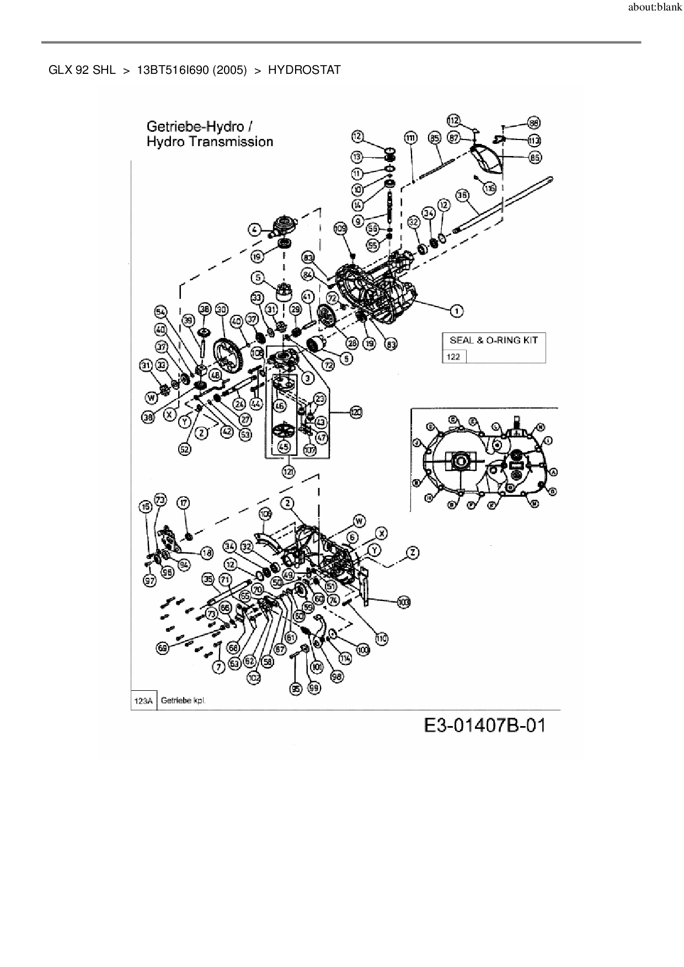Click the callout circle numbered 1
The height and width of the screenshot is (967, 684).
457,311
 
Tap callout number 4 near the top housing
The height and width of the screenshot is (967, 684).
254,229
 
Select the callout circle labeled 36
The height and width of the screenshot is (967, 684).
462,195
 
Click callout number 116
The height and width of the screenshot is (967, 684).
489,189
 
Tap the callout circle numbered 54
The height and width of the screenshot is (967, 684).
161,313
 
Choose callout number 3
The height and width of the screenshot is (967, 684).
307,378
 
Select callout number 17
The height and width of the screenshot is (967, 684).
184,503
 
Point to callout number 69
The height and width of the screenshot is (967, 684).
163,648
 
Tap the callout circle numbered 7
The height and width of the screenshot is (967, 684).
219,667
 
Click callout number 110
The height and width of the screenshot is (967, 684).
381,638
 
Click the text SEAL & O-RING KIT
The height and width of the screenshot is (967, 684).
493,340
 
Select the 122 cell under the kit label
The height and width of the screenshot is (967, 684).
453,357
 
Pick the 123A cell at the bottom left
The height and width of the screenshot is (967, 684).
143,701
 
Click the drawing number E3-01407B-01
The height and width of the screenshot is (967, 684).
485,725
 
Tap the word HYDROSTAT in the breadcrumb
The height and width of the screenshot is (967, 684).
304,70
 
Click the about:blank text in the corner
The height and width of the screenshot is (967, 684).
655,8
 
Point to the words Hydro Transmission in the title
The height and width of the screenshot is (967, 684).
210,142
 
